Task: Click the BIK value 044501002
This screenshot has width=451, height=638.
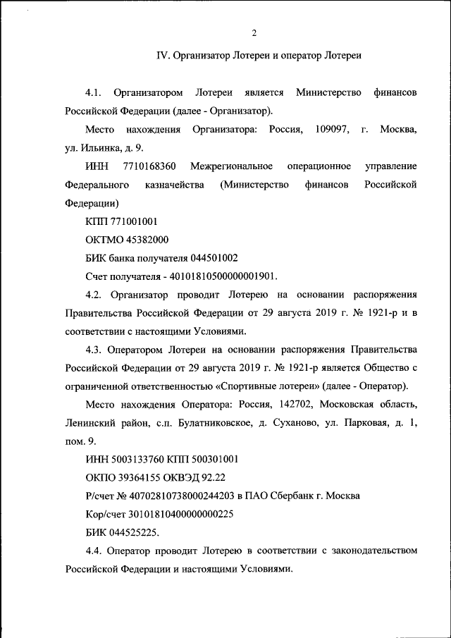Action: point(214,258)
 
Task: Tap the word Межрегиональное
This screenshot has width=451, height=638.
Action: point(237,166)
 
